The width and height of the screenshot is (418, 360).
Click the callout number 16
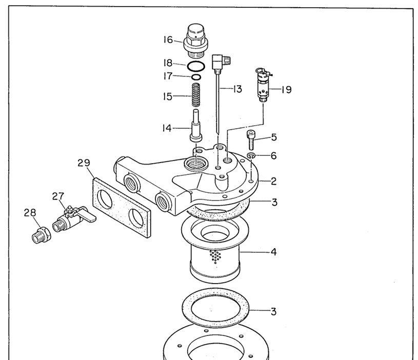[168, 39]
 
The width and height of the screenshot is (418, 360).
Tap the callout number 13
[237, 89]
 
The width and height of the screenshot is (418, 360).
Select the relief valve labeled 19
[263, 85]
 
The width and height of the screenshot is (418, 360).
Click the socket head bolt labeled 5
[251, 139]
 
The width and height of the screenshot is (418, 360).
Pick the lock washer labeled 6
[251, 155]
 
